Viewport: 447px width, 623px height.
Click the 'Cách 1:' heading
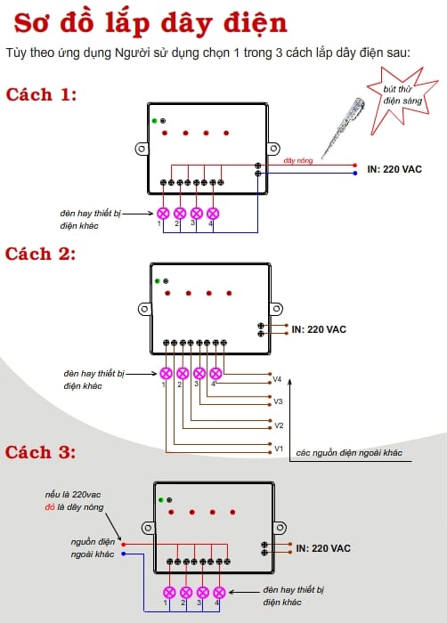pos(41,94)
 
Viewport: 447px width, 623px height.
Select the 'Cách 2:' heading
pos(40,254)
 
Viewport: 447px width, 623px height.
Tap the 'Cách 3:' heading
pos(40,452)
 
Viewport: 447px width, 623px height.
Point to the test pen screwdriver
pos(342,127)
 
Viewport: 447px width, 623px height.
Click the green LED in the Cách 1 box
pos(155,121)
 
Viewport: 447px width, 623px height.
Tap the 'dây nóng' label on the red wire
pos(298,160)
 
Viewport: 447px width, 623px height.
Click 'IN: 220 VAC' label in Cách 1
pos(394,169)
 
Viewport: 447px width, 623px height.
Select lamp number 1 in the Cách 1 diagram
pos(164,214)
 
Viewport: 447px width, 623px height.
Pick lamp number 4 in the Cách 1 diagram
pos(213,214)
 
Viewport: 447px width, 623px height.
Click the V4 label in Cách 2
pos(277,379)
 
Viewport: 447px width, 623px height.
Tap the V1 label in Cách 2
pos(279,449)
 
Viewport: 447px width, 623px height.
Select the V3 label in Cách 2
pos(278,401)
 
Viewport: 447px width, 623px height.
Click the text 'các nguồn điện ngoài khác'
pos(349,453)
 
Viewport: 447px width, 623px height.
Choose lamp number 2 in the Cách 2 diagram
pos(183,374)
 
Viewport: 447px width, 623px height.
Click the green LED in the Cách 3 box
pos(161,500)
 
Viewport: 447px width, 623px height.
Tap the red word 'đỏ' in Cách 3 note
pos(50,507)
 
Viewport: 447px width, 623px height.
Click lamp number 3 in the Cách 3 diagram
pos(203,593)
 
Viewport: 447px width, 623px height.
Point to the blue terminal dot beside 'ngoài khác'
pos(124,554)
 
